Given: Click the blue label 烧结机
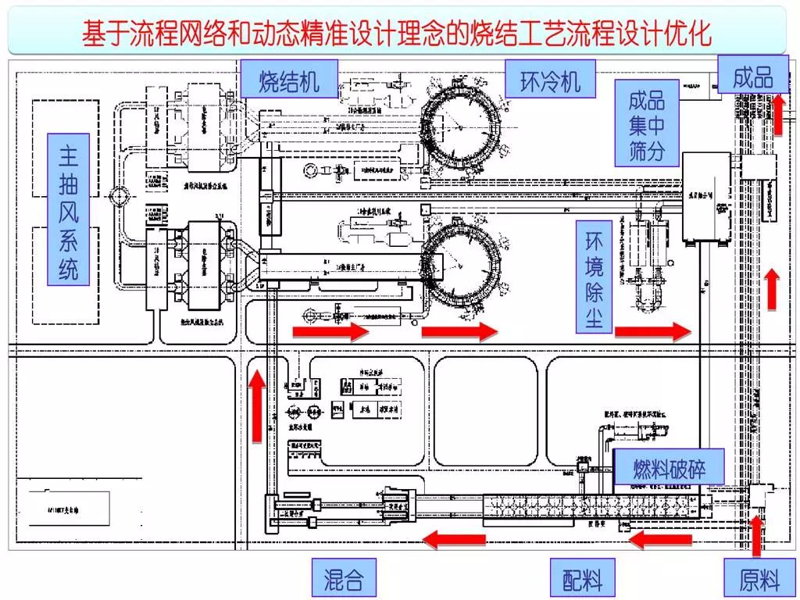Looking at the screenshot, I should click(x=289, y=81).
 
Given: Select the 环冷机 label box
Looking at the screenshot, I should click(x=551, y=81).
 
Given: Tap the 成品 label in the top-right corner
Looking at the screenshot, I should click(x=752, y=76).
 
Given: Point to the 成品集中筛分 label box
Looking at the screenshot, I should click(x=646, y=124).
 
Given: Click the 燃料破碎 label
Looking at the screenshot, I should click(x=670, y=469).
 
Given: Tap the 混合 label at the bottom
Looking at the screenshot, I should click(x=344, y=579).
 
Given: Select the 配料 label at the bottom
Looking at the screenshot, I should click(x=582, y=579).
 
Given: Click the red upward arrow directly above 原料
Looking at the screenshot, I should click(x=756, y=536).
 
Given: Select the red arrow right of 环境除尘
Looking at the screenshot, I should click(x=652, y=332).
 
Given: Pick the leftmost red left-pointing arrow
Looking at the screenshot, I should click(x=454, y=538).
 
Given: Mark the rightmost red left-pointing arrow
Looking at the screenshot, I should click(x=660, y=538).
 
